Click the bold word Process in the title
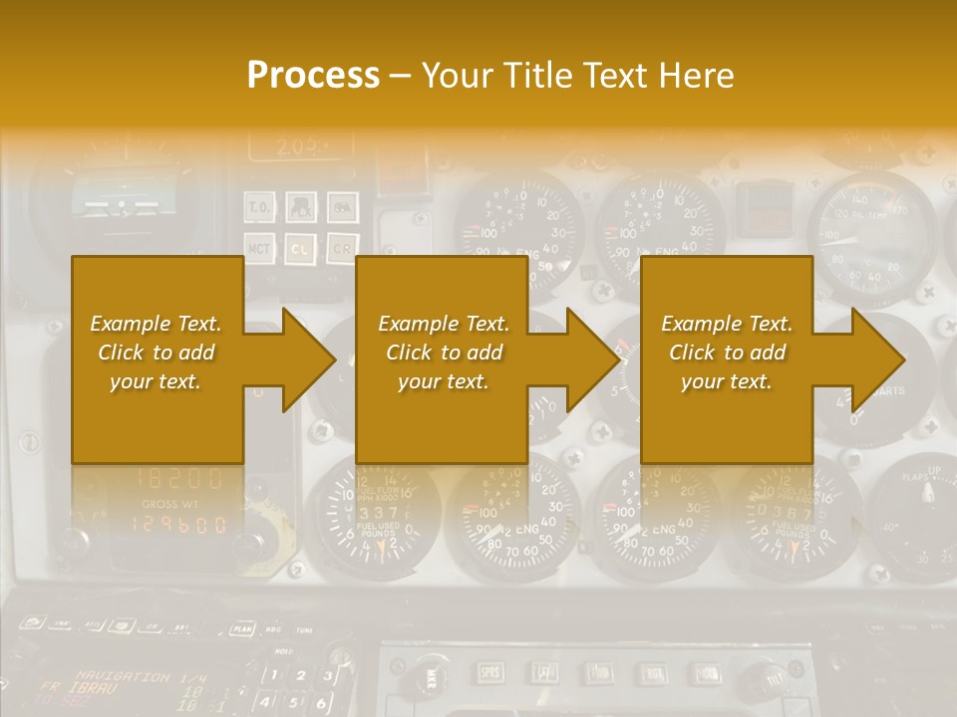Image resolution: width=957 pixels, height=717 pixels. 313,76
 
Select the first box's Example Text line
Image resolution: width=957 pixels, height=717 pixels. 156,324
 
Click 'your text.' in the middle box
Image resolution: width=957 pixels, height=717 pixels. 444,381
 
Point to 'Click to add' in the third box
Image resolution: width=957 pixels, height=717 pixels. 727,353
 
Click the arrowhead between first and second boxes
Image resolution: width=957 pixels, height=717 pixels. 309,359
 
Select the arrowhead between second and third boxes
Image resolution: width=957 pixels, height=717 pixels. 593,359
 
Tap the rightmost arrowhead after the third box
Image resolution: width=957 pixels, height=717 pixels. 877,359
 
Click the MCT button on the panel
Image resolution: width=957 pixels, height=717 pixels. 259,246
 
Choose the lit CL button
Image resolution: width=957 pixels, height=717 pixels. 301,246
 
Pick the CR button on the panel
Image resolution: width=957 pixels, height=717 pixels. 342,246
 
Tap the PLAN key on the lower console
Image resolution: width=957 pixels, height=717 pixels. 241,627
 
